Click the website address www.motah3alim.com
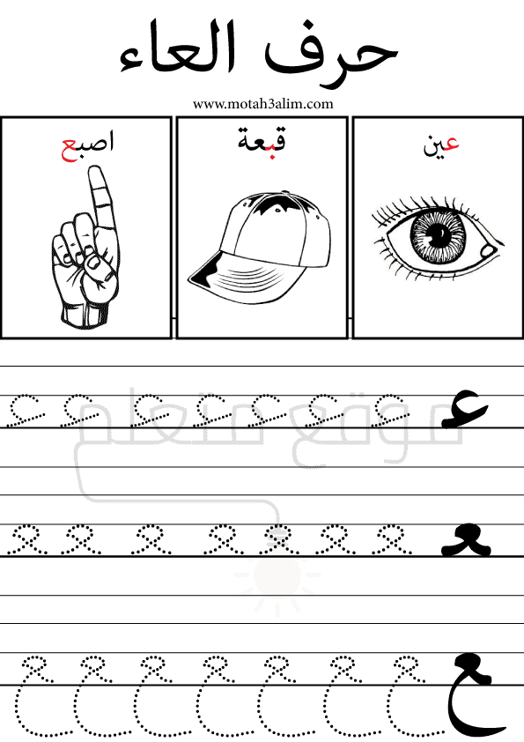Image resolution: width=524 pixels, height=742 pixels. [262, 104]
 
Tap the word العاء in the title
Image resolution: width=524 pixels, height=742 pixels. [177, 48]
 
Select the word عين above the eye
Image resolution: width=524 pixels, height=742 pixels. [440, 145]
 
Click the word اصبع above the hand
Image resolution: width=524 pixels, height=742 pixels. [88, 145]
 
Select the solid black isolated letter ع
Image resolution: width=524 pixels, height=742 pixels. [463, 409]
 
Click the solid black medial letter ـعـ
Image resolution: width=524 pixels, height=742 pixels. [466, 539]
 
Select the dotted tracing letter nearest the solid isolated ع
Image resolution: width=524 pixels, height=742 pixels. [391, 408]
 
